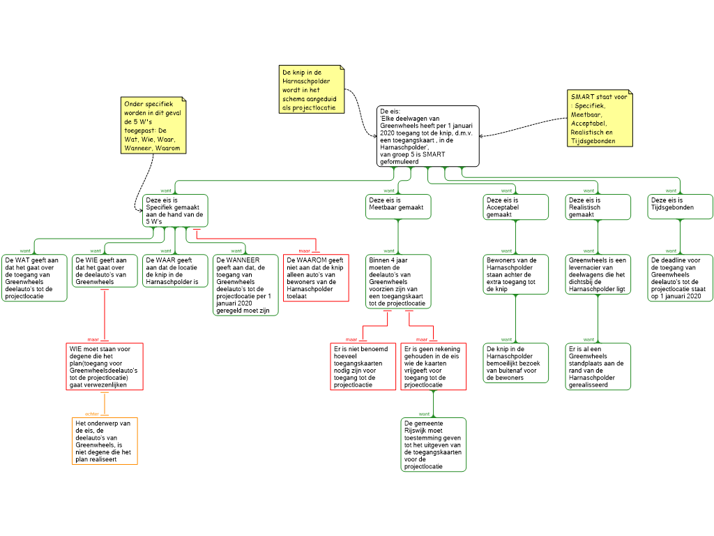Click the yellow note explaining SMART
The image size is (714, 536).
coord(600,119)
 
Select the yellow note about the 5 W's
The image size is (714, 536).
coord(153,126)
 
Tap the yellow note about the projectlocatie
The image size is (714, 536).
coord(312,89)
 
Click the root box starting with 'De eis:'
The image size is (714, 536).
coord(428,136)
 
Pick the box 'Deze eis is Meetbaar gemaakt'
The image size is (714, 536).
coord(398,207)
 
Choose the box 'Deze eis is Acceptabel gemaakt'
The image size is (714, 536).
coord(516,207)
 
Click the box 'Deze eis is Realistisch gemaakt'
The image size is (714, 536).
coord(598,207)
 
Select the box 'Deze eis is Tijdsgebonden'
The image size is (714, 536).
coord(681,207)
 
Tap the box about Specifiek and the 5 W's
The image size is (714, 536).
coord(175,211)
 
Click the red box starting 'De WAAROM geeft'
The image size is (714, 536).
coord(316,278)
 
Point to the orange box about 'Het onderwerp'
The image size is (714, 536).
coord(105,441)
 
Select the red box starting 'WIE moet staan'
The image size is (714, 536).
coord(105,366)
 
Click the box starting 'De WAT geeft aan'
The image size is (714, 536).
coord(35,278)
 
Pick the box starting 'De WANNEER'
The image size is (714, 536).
coord(246,285)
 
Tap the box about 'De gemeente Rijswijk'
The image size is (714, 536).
coord(434,445)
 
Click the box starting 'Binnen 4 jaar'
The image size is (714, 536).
coord(398,282)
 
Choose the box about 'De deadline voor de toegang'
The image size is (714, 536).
coord(681,278)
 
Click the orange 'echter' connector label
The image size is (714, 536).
coord(92,415)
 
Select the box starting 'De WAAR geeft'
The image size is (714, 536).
coord(175,271)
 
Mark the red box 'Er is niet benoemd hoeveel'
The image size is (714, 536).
coord(363,366)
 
